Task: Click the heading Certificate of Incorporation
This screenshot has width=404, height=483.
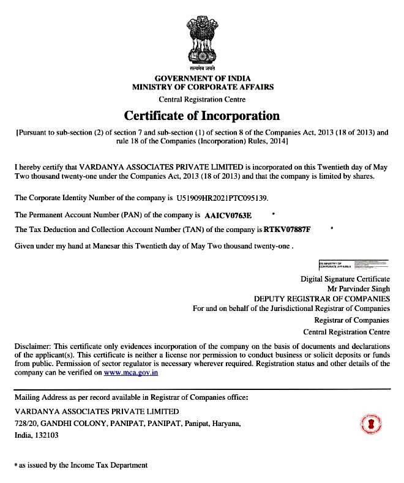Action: pyautogui.click(x=202, y=115)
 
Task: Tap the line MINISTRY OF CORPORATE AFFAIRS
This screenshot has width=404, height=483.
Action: pyautogui.click(x=203, y=88)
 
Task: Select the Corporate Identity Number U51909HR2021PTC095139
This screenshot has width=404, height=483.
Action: pyautogui.click(x=222, y=198)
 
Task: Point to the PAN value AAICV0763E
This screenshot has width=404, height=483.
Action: pyautogui.click(x=228, y=215)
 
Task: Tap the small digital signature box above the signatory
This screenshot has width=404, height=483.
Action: pyautogui.click(x=354, y=265)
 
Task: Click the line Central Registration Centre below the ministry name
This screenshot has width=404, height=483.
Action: pyautogui.click(x=202, y=99)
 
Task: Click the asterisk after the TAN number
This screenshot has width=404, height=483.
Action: pyautogui.click(x=331, y=229)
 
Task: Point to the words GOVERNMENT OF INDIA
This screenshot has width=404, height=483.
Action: pyautogui.click(x=203, y=79)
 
